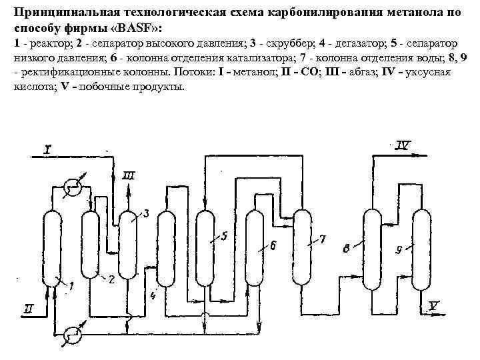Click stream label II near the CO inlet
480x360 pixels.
click(28, 308)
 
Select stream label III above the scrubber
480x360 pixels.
click(129, 175)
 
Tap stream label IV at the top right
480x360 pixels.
click(404, 144)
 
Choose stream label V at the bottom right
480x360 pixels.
click(434, 305)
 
